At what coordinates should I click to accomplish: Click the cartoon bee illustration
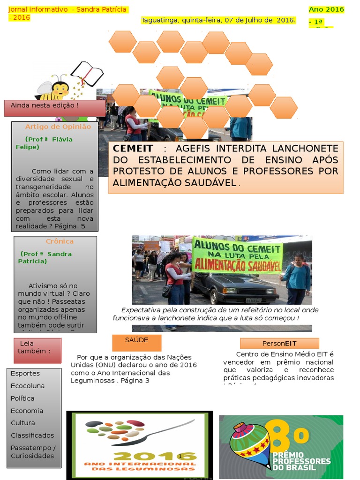(x=54, y=87)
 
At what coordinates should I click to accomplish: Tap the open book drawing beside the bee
(x=87, y=74)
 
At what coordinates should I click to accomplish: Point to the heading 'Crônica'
(x=60, y=241)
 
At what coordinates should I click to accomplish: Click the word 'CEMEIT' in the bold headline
(x=133, y=149)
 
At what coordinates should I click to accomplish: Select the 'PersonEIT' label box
(x=279, y=343)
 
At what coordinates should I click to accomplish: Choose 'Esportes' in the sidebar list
(x=25, y=374)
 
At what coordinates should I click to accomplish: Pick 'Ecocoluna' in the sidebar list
(x=28, y=386)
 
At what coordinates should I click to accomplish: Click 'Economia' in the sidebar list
(x=27, y=411)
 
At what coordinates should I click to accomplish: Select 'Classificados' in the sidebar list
(x=32, y=435)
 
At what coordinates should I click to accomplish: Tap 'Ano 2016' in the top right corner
(x=326, y=9)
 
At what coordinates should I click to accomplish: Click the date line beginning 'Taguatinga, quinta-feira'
(x=218, y=20)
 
